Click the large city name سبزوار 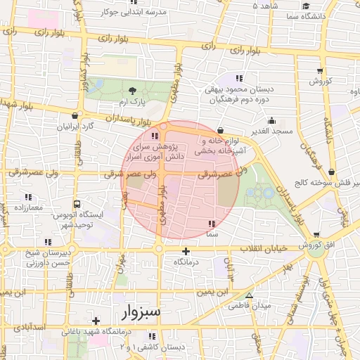coord(141,311)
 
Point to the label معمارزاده coord(27,208)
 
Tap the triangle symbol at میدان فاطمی coord(250,295)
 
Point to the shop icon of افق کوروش coord(317,234)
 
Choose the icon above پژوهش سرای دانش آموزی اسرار coord(155,136)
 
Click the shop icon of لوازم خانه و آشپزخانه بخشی coord(220,130)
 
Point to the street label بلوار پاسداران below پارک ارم coord(128,118)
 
